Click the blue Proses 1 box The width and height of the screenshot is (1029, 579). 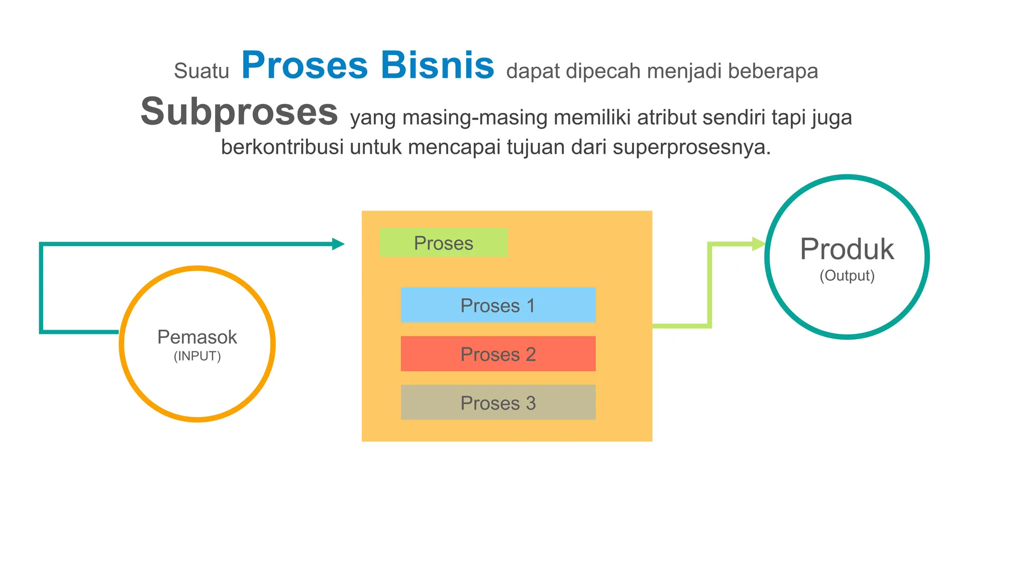click(x=498, y=305)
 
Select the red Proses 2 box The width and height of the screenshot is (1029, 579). click(x=498, y=354)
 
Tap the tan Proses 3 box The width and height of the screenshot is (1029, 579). click(x=498, y=403)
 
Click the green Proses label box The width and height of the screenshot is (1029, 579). click(x=444, y=243)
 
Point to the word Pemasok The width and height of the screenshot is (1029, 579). click(x=197, y=337)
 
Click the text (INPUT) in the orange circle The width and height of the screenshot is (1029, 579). click(x=197, y=356)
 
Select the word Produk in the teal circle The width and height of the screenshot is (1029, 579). click(x=847, y=249)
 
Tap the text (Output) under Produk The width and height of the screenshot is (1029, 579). click(x=847, y=275)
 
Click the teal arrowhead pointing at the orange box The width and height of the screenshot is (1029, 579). click(x=338, y=244)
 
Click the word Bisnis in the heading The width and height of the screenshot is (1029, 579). click(x=437, y=65)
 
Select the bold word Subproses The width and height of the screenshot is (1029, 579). click(x=239, y=112)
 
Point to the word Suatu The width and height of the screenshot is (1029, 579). click(x=201, y=71)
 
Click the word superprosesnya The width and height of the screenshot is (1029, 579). click(x=691, y=147)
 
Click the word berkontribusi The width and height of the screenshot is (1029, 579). click(x=282, y=147)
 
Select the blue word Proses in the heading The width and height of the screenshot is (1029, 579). click(x=305, y=65)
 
